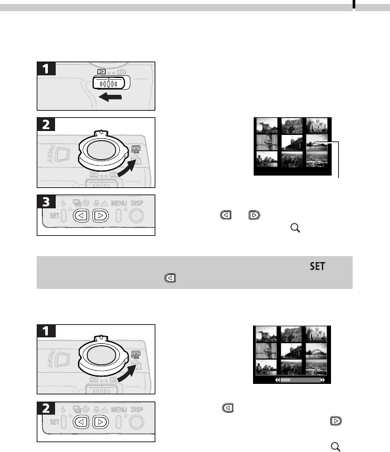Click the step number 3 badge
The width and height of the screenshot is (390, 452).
click(x=46, y=202)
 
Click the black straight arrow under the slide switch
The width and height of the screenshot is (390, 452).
click(x=110, y=97)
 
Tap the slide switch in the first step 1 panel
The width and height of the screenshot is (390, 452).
click(x=111, y=83)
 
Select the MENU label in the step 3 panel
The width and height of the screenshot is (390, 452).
click(x=119, y=203)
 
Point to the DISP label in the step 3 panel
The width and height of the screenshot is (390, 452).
click(x=137, y=203)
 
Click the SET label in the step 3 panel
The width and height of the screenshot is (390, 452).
click(x=54, y=216)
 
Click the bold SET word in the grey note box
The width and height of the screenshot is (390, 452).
click(x=318, y=266)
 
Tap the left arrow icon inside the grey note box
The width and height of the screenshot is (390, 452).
click(x=170, y=278)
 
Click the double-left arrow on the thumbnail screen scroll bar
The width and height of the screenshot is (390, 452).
click(x=277, y=380)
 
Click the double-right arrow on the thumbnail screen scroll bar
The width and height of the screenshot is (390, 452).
click(x=322, y=380)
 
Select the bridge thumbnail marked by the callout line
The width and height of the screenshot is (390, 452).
click(x=317, y=142)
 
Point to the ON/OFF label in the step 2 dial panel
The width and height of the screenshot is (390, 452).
click(x=50, y=153)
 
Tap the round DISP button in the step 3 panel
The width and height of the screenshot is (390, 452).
click(x=136, y=216)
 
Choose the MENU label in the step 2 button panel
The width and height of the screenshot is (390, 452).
click(x=119, y=409)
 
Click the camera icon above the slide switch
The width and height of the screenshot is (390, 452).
click(x=121, y=71)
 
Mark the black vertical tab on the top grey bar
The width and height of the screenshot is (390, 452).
click(x=354, y=4)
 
